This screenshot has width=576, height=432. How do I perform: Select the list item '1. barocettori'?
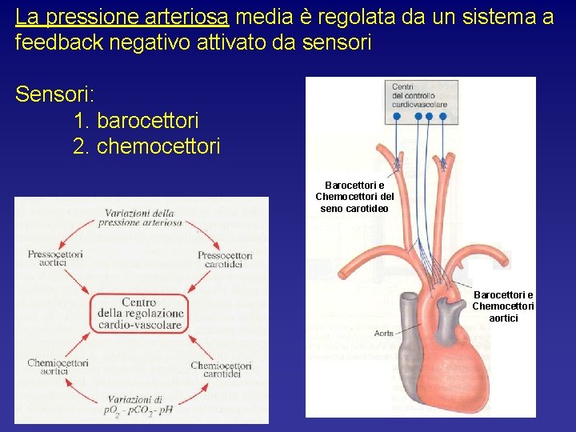tap(135, 121)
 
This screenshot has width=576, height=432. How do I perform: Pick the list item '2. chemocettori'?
tap(146, 146)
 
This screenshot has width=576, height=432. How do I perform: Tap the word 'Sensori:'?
tap(55, 94)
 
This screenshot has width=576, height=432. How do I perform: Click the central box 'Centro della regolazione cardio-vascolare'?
tap(139, 314)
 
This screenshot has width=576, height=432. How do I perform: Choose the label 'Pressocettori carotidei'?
tap(225, 258)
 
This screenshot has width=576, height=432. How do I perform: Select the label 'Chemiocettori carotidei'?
tap(222, 369)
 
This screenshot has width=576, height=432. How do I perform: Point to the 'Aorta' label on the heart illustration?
tap(384, 333)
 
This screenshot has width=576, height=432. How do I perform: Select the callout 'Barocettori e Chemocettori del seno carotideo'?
tap(354, 197)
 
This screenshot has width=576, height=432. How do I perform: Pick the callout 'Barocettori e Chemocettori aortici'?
tap(504, 306)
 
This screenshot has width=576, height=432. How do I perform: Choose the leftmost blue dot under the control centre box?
tap(397, 117)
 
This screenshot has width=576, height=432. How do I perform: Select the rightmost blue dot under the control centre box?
tap(442, 117)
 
